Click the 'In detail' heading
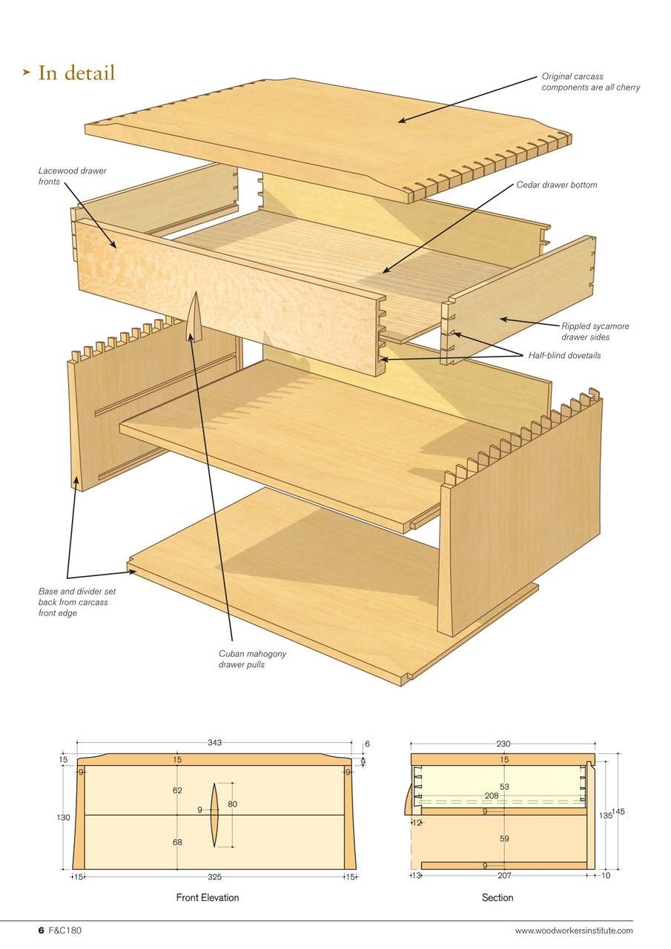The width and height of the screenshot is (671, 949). tap(76, 73)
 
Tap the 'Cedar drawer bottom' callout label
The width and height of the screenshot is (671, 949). tap(556, 185)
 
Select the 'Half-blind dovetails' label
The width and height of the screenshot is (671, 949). tap(564, 356)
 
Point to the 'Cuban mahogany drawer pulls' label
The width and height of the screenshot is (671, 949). tap(252, 659)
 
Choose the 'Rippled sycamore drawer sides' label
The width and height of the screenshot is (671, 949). tap(595, 331)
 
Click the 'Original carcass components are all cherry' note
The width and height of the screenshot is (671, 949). tap(590, 82)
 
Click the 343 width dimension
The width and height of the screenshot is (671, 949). tap(215, 743)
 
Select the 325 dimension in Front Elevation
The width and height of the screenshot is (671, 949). tap(214, 876)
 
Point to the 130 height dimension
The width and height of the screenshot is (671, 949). tap(63, 818)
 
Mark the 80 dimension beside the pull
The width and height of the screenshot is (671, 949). tap(232, 804)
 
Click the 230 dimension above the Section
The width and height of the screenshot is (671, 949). tap(503, 744)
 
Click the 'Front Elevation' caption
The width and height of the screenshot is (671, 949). tap(208, 898)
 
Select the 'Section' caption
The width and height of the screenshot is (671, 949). tap(498, 898)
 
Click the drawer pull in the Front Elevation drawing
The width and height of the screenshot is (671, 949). tap(214, 814)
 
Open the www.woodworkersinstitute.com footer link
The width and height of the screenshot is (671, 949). tap(574, 931)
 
